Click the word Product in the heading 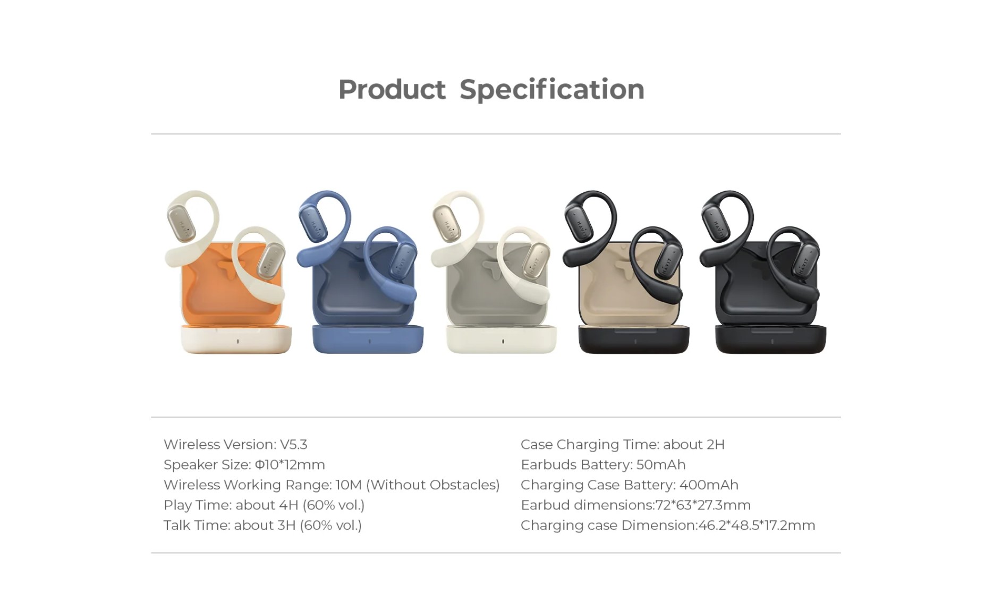coord(392,90)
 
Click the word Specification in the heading coord(552,90)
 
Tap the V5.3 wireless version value coord(294,444)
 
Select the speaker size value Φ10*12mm coord(290,464)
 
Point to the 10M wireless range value coord(349,485)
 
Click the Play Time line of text coord(264,505)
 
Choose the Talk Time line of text coord(262,525)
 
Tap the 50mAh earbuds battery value coord(661,464)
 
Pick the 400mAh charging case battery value coord(709,485)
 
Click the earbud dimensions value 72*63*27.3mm coord(703,505)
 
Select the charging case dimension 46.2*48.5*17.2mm coord(757,525)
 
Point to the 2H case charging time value coord(715,444)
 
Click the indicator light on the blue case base coord(370,341)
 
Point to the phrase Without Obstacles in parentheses coord(433,485)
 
